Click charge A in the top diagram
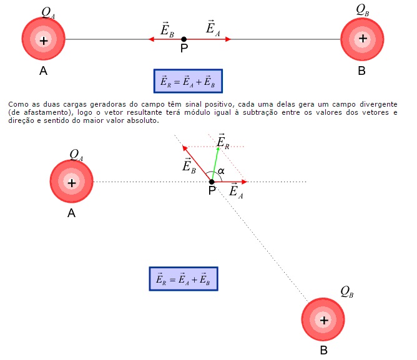coord(44,40)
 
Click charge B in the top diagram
coord(362,39)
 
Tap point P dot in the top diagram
coord(184,39)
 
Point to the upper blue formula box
coord(188,82)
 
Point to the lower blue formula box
coord(184,279)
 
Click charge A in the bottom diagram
coord(72,182)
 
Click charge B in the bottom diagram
coord(323,320)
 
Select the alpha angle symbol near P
coord(221,170)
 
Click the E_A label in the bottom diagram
coord(236,192)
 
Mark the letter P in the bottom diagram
coord(212,191)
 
